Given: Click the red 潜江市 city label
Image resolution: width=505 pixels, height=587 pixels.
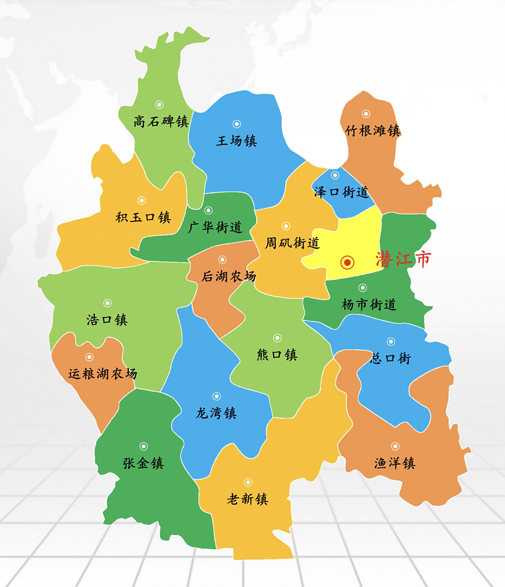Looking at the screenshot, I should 403,260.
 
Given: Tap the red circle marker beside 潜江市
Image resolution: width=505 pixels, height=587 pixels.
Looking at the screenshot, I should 348,262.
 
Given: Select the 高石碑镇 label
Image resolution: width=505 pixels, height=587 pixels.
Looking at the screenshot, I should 161,122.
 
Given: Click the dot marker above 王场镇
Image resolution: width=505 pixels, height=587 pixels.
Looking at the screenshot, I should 237,124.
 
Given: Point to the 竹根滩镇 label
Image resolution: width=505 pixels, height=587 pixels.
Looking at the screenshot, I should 373,131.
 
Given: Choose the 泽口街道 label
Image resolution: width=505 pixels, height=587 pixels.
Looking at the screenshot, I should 342,192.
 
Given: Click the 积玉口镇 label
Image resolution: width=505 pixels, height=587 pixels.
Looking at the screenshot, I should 143,217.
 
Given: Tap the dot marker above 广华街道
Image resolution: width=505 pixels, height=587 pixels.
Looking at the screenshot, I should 208,210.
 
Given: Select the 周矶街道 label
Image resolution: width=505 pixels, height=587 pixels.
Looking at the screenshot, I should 292,243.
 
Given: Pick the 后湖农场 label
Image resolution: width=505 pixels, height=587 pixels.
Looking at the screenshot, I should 229,276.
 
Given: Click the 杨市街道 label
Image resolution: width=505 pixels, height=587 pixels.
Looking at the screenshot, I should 369,304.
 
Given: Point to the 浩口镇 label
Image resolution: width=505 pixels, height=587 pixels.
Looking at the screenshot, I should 107,319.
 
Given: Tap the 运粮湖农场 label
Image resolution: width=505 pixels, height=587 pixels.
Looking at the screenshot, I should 103,374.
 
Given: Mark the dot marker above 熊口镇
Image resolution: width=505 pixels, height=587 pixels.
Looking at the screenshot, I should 277,338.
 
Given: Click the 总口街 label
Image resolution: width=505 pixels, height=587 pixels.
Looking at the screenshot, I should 391,358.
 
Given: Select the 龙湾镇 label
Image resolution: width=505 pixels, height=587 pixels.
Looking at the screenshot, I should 216,413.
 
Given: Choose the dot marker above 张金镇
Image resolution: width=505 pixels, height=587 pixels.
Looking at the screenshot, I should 143,446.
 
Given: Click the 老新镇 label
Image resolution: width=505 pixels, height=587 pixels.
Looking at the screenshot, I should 247,499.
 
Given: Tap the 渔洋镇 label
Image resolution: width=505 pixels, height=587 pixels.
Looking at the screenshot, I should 395,463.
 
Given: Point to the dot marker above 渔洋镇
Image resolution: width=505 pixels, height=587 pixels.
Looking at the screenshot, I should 395,446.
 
